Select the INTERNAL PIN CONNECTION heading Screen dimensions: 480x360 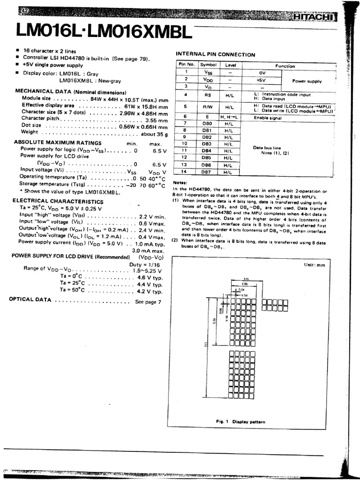(x=216, y=55)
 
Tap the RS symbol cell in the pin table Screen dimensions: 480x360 (x=207, y=94)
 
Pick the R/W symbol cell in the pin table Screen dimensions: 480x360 (x=207, y=107)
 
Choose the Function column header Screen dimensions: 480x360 (x=285, y=66)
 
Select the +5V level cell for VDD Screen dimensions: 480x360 (x=261, y=80)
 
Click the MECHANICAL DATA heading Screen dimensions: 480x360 (x=70, y=92)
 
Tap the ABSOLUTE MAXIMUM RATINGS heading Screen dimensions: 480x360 (x=58, y=142)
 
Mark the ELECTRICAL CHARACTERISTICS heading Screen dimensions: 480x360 (x=58, y=201)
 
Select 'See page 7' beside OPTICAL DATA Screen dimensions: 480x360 (x=148, y=302)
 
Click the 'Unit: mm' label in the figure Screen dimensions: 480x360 (x=314, y=265)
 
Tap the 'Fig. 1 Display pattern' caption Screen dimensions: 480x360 (x=240, y=421)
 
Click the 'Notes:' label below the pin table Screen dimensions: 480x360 (x=180, y=182)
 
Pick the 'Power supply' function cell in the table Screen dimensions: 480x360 (x=307, y=81)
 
